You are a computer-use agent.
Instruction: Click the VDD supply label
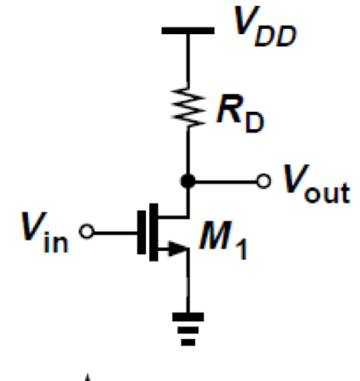click(265, 26)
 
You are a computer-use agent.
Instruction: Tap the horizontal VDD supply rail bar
click(188, 31)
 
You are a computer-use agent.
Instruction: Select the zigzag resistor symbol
click(189, 107)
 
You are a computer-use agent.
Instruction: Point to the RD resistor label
click(240, 113)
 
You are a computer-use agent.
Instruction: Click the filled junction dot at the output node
click(188, 181)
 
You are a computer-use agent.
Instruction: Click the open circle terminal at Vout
click(264, 181)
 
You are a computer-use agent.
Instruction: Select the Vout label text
click(316, 184)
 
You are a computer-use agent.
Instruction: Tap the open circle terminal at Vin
click(87, 232)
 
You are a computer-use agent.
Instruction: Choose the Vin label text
click(45, 232)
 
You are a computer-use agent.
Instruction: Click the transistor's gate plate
click(142, 232)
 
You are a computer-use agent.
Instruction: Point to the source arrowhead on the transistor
click(178, 249)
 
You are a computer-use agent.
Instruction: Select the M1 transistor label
click(223, 239)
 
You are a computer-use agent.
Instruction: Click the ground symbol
click(188, 329)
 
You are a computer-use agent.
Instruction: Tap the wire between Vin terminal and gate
click(115, 232)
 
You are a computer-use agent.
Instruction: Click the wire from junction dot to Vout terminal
click(226, 182)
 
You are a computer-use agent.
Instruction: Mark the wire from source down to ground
click(188, 281)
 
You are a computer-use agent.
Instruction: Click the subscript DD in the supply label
click(275, 36)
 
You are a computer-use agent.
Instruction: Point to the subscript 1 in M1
click(242, 249)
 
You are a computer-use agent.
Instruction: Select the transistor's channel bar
click(154, 232)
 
